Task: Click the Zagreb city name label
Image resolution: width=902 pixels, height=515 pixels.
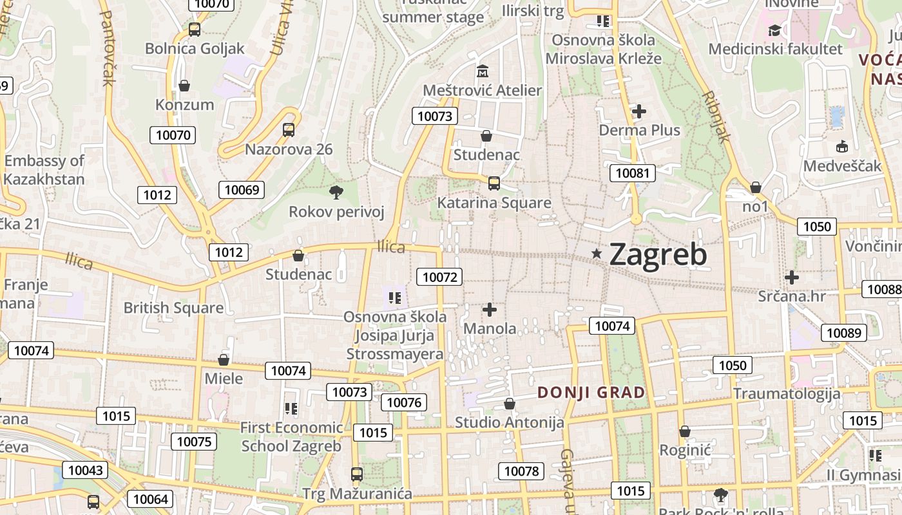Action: pyautogui.click(x=658, y=255)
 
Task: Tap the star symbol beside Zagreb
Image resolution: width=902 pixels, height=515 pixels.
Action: pyautogui.click(x=597, y=254)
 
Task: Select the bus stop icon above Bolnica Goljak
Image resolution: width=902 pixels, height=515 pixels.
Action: pyautogui.click(x=194, y=29)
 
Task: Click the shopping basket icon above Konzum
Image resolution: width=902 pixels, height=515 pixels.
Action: pyautogui.click(x=184, y=86)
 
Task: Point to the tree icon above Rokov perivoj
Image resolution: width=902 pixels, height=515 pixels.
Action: pyautogui.click(x=336, y=192)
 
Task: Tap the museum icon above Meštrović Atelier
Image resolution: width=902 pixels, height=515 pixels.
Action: pyautogui.click(x=482, y=71)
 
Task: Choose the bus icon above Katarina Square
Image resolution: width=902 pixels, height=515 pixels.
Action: pyautogui.click(x=494, y=183)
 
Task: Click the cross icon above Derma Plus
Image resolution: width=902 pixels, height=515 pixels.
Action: pyautogui.click(x=638, y=111)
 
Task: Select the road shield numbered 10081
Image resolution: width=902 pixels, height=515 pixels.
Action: pyautogui.click(x=633, y=173)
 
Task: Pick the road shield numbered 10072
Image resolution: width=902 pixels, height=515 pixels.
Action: pyautogui.click(x=440, y=277)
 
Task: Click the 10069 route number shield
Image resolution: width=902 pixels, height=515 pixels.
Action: pyautogui.click(x=242, y=189)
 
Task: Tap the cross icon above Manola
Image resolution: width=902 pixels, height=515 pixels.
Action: pyautogui.click(x=490, y=310)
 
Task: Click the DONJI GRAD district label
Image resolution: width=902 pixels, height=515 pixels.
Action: pyautogui.click(x=591, y=392)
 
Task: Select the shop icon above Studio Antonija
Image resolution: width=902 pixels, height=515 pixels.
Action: pyautogui.click(x=510, y=404)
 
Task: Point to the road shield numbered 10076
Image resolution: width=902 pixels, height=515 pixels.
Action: pyautogui.click(x=404, y=402)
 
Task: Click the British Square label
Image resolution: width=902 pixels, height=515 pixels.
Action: pyautogui.click(x=173, y=308)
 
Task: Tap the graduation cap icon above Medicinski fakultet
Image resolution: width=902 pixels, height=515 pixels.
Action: pyautogui.click(x=774, y=30)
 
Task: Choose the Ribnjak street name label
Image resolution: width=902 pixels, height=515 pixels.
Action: pyautogui.click(x=716, y=116)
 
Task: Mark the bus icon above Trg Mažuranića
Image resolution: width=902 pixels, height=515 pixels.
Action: pyautogui.click(x=356, y=474)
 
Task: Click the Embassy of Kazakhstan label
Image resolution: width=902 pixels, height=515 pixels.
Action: pyautogui.click(x=44, y=170)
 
